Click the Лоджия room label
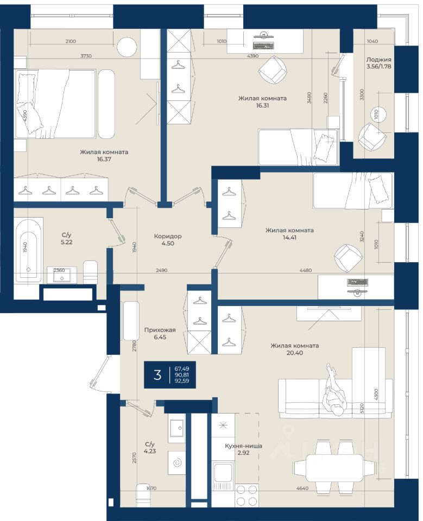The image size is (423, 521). (378, 60)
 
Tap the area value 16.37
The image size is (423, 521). (104, 159)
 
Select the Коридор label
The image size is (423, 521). (168, 236)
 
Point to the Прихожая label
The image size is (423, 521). (160, 330)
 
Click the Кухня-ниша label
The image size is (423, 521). (243, 446)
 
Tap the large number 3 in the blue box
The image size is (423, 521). (157, 374)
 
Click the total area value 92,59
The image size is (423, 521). (182, 381)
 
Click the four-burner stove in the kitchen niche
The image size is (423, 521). (247, 495)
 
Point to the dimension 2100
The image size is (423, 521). (71, 41)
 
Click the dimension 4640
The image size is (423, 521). (302, 488)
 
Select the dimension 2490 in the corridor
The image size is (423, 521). (161, 270)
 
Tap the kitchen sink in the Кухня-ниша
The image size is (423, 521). (223, 475)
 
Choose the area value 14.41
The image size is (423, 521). (289, 238)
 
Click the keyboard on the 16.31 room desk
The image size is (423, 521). (263, 46)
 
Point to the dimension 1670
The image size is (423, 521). (151, 488)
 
